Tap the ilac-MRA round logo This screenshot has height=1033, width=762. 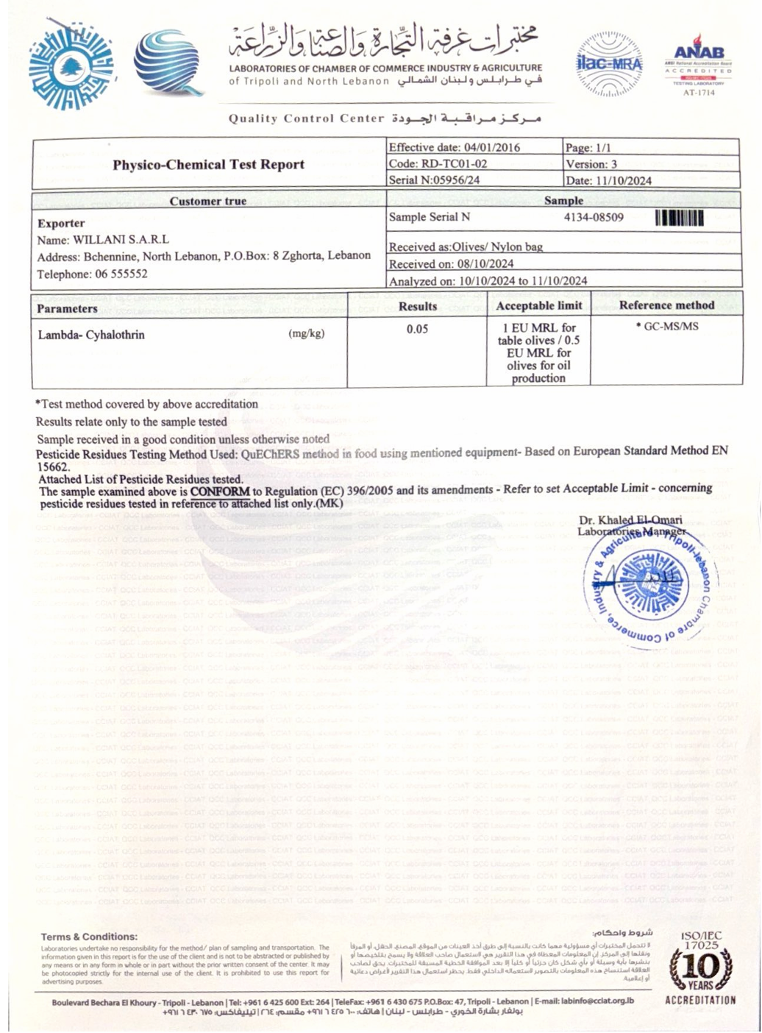[x=610, y=64]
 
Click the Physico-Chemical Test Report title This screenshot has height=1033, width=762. [x=208, y=164]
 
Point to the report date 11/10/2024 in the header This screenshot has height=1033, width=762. [x=623, y=180]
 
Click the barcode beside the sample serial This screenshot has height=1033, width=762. [x=679, y=218]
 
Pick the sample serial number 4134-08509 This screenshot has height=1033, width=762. [x=594, y=217]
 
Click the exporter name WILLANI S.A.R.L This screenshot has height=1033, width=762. [x=121, y=240]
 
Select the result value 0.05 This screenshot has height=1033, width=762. [x=417, y=329]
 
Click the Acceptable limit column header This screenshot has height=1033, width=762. [x=538, y=305]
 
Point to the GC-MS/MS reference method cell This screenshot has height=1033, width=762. [x=670, y=326]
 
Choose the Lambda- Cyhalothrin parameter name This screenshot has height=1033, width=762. [x=91, y=335]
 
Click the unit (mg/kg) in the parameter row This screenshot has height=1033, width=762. [x=307, y=334]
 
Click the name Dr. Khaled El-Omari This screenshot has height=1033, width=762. [x=630, y=520]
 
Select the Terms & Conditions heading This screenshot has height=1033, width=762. [x=89, y=937]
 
